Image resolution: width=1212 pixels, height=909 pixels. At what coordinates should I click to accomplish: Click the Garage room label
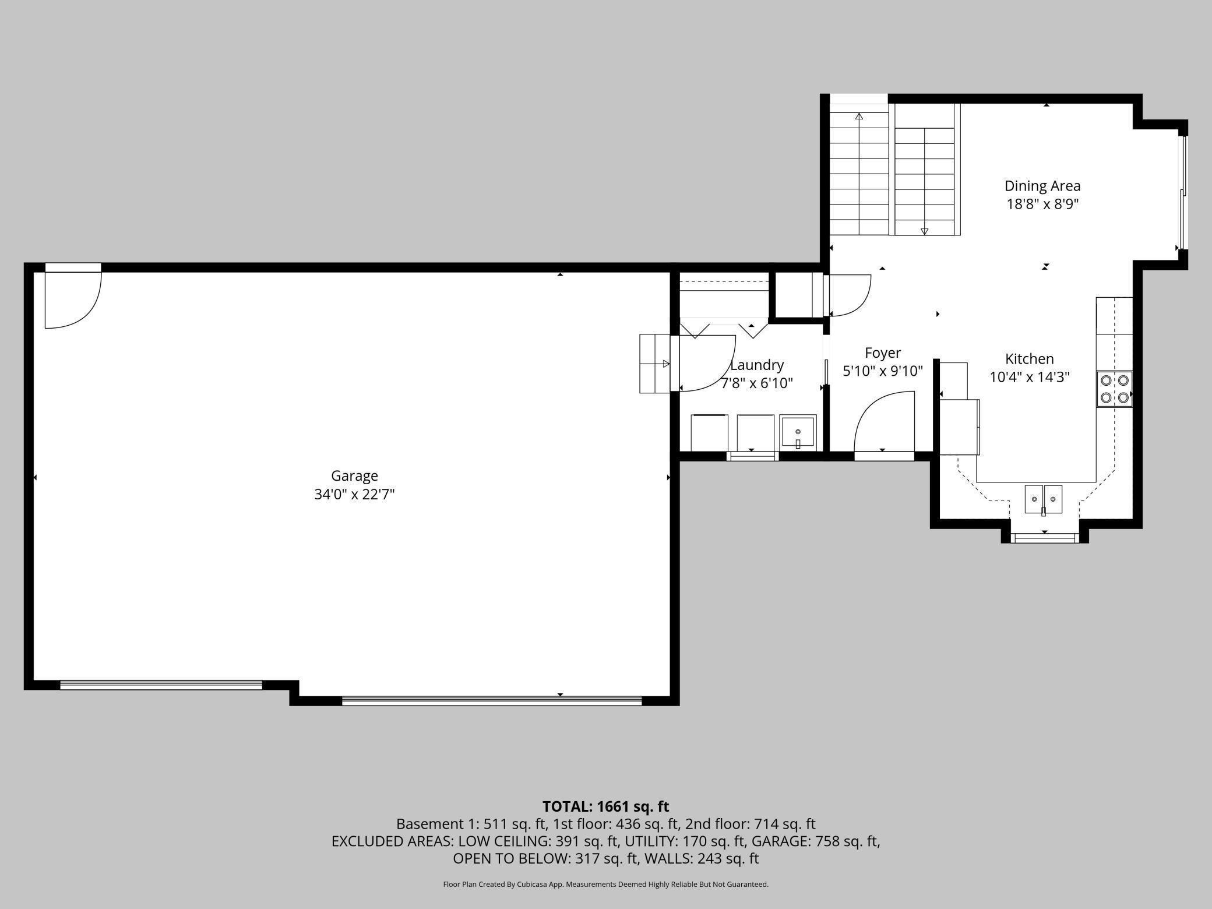[x=354, y=476]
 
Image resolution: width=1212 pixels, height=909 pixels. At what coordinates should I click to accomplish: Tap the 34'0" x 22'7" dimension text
[x=354, y=495]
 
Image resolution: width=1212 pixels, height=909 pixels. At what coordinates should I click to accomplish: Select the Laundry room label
[x=757, y=365]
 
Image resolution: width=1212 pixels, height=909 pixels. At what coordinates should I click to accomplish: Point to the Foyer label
[x=882, y=353]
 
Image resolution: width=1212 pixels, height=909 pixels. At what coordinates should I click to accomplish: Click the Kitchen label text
[x=1029, y=359]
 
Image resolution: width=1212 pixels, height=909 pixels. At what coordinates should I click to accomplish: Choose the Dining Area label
[x=1042, y=186]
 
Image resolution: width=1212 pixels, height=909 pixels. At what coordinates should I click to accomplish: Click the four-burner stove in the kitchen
[x=1114, y=389]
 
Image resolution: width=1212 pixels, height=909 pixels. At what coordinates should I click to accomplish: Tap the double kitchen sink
[x=1043, y=499]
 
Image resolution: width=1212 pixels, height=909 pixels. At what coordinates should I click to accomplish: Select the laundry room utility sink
[x=798, y=432]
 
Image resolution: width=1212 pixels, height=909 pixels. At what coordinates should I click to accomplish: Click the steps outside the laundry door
[x=654, y=364]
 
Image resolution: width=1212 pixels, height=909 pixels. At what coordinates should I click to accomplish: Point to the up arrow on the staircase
[x=859, y=117]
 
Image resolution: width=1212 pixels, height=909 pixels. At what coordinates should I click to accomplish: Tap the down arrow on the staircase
[x=924, y=231]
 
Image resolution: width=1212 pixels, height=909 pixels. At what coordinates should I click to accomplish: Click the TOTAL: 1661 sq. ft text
[x=605, y=806]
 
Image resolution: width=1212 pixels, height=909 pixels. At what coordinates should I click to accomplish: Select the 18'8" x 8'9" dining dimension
[x=1042, y=205]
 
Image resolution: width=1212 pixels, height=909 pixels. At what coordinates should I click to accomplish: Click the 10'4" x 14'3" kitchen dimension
[x=1029, y=378]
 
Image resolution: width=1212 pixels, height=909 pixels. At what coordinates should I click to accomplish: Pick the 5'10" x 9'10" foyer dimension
[x=882, y=371]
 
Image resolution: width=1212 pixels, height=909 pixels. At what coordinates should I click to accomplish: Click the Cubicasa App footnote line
[x=605, y=885]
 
